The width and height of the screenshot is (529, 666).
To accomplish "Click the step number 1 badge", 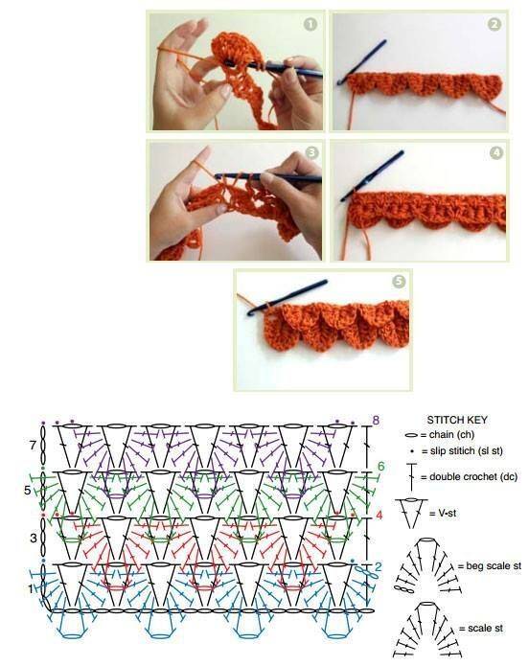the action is (310, 24).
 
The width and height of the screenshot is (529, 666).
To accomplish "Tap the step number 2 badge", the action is (494, 24).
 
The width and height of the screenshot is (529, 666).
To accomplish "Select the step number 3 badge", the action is (311, 152).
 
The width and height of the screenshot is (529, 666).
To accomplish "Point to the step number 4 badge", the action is (495, 152).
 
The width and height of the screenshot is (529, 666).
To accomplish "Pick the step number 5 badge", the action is (399, 281).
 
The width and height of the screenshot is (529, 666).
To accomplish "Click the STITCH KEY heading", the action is (457, 420).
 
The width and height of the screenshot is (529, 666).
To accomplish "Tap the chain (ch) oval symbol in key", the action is (412, 435).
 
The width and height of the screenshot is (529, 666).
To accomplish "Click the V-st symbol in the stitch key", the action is (411, 514).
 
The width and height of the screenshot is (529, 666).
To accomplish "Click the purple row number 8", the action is (376, 421).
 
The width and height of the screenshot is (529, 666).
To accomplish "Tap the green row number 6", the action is (381, 467).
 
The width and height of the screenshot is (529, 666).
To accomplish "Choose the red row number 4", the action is (379, 516).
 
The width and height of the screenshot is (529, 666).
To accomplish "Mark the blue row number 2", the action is (379, 566).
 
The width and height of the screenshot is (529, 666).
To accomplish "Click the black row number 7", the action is (34, 446).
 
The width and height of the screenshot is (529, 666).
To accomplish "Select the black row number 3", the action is (34, 539).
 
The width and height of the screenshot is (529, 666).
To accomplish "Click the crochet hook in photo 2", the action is (362, 62).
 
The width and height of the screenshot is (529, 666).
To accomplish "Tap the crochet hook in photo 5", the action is (287, 297).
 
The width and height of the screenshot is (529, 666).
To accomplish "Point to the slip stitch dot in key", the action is (412, 451).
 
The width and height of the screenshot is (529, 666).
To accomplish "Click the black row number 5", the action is (28, 491).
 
